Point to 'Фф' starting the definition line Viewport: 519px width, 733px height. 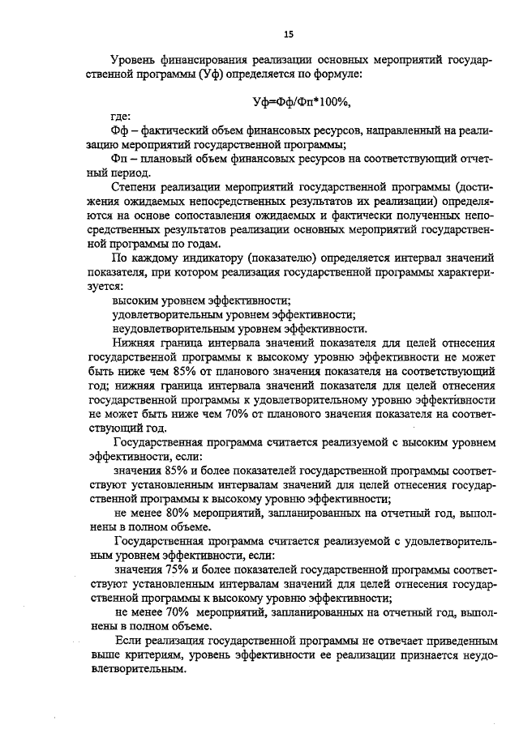pyautogui.click(x=118, y=131)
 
